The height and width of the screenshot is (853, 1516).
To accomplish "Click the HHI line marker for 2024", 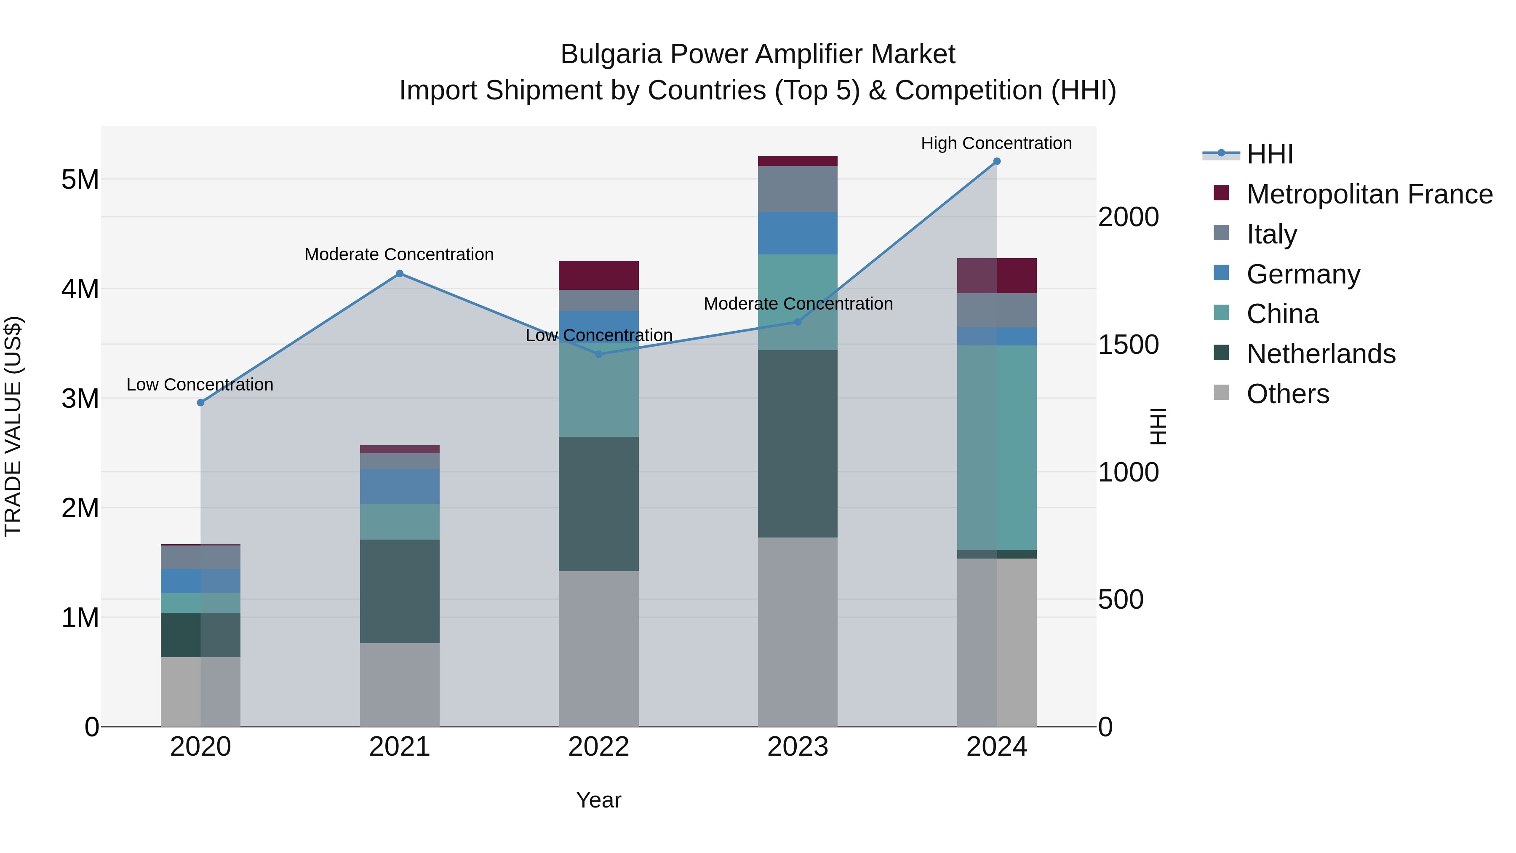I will click(x=996, y=161).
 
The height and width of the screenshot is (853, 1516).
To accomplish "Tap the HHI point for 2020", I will click(x=201, y=403).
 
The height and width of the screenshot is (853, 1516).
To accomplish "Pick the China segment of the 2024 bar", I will click(x=996, y=447).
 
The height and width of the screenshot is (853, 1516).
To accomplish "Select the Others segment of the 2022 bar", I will click(x=598, y=648).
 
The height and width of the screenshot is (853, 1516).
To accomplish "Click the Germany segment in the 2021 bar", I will click(x=400, y=486).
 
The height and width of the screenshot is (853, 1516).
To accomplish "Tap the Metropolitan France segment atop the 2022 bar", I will click(x=598, y=275).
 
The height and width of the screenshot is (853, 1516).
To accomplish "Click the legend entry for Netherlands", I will click(x=1320, y=354).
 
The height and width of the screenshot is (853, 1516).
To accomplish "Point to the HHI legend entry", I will click(x=1269, y=154).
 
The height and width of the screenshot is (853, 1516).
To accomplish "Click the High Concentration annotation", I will click(x=996, y=143).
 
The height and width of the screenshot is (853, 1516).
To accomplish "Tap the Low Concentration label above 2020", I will click(x=200, y=385).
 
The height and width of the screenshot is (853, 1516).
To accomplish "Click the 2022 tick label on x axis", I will click(x=598, y=747).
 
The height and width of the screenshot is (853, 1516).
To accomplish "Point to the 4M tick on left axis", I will click(x=80, y=289).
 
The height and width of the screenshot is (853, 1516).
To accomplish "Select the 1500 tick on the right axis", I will click(x=1128, y=345).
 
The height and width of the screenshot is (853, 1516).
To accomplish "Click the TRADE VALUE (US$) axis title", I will click(x=13, y=426).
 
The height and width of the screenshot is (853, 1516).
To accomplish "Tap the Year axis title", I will click(x=598, y=800).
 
